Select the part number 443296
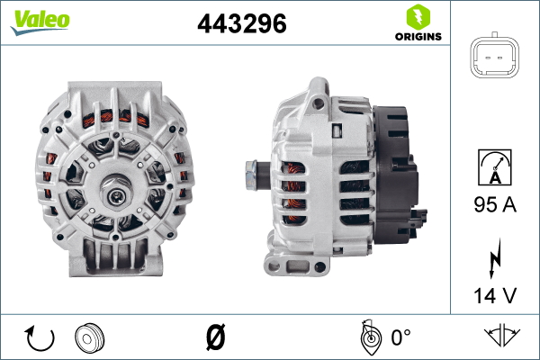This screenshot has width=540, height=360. click(x=240, y=25)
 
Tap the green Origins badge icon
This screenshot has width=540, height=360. click(x=417, y=16)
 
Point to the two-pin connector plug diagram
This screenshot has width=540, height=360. click(x=494, y=58)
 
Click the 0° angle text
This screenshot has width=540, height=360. click(x=399, y=337)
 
